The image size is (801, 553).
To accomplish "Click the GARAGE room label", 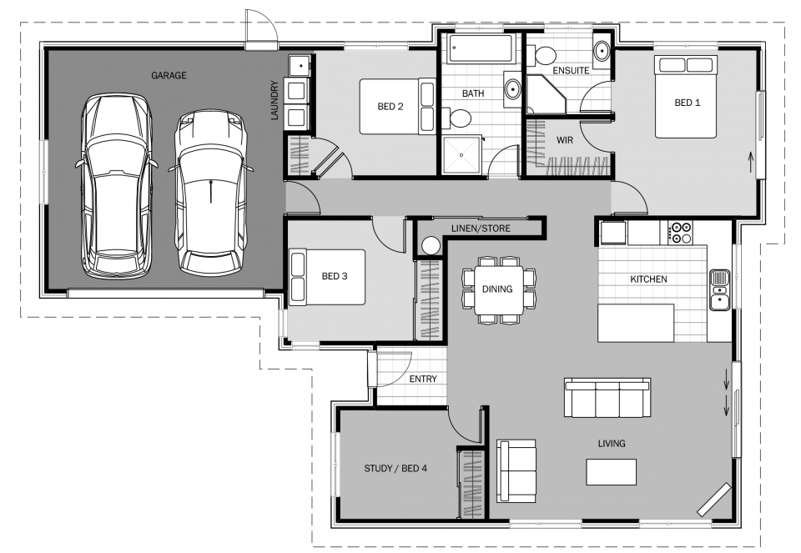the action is pos(169,76).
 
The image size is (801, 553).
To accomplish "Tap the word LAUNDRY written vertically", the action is pos(275,100).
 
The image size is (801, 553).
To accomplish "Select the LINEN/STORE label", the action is pos(481,229).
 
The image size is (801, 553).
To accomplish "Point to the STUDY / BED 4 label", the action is pos(395,468).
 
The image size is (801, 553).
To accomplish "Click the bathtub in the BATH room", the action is pos(481,48).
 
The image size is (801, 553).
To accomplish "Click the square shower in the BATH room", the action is pos(461,155).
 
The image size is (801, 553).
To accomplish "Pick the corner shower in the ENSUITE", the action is pos(546,94).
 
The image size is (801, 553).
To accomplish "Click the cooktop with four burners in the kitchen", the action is pos(680,233).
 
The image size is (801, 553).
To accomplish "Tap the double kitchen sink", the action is pos(720,289).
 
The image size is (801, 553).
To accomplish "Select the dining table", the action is pos(499,289).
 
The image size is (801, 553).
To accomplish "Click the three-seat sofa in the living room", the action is pos(607,398).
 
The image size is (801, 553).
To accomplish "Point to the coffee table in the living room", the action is pos(611,472).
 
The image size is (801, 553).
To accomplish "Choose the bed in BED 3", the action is pos(327,277).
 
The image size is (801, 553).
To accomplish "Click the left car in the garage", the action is pos(117,186).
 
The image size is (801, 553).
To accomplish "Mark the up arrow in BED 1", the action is pos(750,163).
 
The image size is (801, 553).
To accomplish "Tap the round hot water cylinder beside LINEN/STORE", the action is pos(431,245).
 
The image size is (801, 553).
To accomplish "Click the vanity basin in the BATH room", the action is pos(512,89).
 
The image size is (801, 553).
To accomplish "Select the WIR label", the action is pos(565,140).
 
